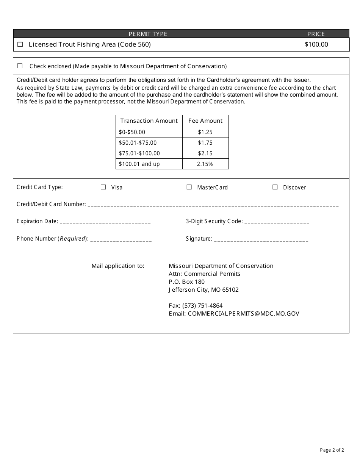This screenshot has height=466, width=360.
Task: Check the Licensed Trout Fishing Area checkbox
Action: (20, 44)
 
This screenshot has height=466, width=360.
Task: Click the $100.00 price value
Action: (316, 44)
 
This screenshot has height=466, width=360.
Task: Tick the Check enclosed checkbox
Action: (20, 66)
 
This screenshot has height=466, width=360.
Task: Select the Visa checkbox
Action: (103, 187)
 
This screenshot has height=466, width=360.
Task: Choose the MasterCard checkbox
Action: (189, 187)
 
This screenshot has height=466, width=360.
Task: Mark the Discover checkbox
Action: (275, 187)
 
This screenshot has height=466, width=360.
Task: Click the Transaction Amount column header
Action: (149, 121)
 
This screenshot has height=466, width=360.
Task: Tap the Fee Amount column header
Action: (205, 121)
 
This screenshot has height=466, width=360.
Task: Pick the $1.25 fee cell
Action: (205, 132)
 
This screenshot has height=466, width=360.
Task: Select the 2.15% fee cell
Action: (205, 164)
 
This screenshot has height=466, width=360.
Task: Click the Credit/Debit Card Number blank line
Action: (213, 205)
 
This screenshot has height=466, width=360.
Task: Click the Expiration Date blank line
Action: (105, 222)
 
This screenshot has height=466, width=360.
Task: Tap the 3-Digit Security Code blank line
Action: (277, 222)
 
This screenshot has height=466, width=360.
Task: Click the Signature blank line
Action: (261, 239)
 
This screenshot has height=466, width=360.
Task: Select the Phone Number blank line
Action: (121, 239)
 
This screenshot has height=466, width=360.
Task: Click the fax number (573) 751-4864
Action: (202, 306)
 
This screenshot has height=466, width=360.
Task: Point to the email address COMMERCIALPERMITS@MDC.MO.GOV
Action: (243, 314)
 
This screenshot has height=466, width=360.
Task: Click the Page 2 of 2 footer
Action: (332, 450)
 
